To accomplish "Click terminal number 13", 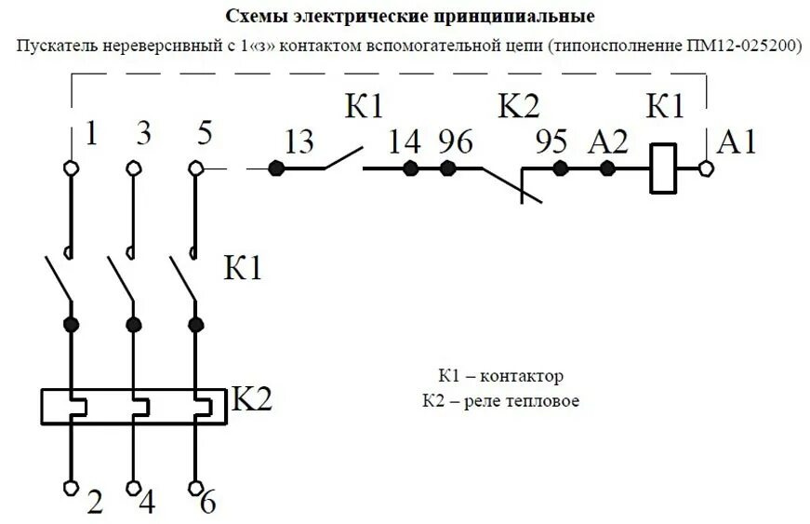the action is [x=299, y=141].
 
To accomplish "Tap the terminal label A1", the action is [x=737, y=141].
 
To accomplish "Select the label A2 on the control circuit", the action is [x=609, y=141].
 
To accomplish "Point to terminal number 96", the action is [x=456, y=141].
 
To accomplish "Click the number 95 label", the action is [x=552, y=141].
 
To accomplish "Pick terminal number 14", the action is [x=405, y=141].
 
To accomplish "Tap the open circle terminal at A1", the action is [x=706, y=168].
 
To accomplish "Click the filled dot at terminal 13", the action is [x=275, y=168].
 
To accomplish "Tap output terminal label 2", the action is [x=94, y=502].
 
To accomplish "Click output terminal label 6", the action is [x=207, y=502].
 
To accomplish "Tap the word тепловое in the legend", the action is [x=550, y=401].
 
